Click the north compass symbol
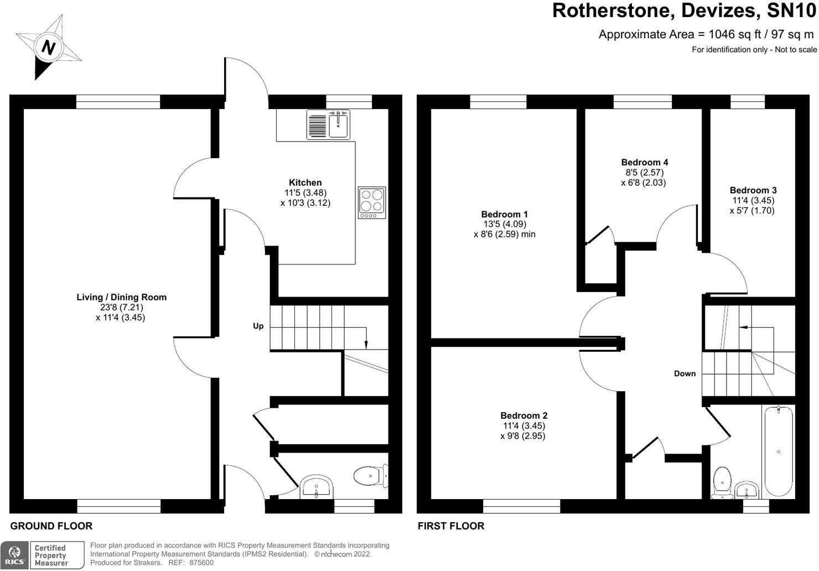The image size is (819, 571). click(49, 47)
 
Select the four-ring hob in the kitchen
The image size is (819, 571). click(371, 200)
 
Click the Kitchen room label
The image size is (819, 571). click(305, 183)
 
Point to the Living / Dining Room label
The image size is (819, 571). click(121, 297)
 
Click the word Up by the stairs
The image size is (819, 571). click(258, 326)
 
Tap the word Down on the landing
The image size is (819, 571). click(685, 373)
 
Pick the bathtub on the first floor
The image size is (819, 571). click(778, 451)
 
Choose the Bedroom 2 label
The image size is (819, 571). click(523, 416)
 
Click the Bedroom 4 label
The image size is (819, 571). click(644, 162)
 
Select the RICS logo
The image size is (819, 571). click(14, 555)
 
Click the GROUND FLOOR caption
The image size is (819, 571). click(51, 526)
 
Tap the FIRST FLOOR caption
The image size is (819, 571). click(450, 526)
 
